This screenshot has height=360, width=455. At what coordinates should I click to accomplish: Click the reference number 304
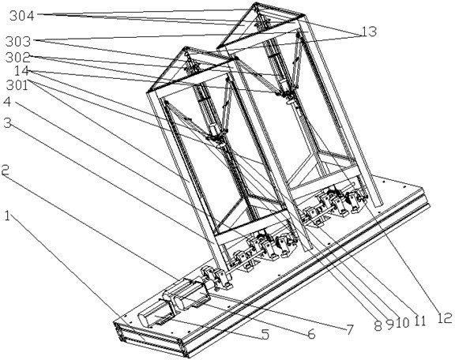22,16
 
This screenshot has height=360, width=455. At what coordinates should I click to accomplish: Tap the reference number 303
18,42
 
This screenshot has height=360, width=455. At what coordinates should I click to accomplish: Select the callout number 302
18,58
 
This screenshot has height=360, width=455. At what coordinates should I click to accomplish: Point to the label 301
17,85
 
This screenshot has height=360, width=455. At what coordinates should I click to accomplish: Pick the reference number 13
369,32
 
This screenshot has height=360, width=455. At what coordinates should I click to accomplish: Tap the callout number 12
444,318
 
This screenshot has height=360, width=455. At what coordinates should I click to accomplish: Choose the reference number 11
418,321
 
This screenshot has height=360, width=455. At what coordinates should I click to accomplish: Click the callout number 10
402,323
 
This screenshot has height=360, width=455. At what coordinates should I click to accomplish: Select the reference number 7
349,329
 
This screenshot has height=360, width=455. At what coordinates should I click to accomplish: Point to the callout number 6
311,334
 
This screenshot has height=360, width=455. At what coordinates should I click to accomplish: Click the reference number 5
265,334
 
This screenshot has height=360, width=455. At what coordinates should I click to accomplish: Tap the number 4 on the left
7,102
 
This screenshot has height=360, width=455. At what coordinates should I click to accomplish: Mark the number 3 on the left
7,124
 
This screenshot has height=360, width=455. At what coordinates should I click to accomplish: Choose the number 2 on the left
5,170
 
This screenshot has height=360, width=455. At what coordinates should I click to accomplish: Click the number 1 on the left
8,216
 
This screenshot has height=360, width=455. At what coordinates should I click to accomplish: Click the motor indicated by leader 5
156,313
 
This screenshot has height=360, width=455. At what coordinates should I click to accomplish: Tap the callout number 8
378,326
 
